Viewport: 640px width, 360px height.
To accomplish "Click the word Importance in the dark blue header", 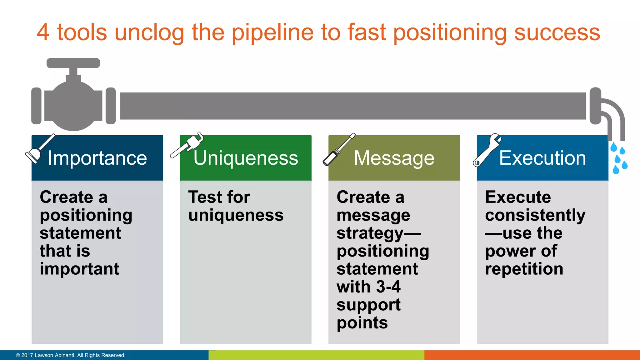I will click(x=97, y=158).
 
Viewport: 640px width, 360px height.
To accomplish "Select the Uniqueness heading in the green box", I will click(x=246, y=158).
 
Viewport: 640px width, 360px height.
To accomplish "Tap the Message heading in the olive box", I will click(x=394, y=158).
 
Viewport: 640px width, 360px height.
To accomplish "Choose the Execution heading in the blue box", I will click(x=542, y=158).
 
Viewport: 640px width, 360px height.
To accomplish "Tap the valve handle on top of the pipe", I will click(x=73, y=63).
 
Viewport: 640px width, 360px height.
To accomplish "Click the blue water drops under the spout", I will click(x=619, y=158).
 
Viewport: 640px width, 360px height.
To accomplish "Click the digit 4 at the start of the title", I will click(x=43, y=32).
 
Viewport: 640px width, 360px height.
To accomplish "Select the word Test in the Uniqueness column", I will click(x=202, y=197).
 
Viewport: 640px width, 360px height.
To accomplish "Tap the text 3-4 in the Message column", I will click(x=388, y=287).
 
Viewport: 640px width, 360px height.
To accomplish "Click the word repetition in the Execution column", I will click(x=524, y=269).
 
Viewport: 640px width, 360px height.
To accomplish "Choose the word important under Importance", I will click(x=79, y=269).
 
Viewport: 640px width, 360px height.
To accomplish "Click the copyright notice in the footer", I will click(x=71, y=355).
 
